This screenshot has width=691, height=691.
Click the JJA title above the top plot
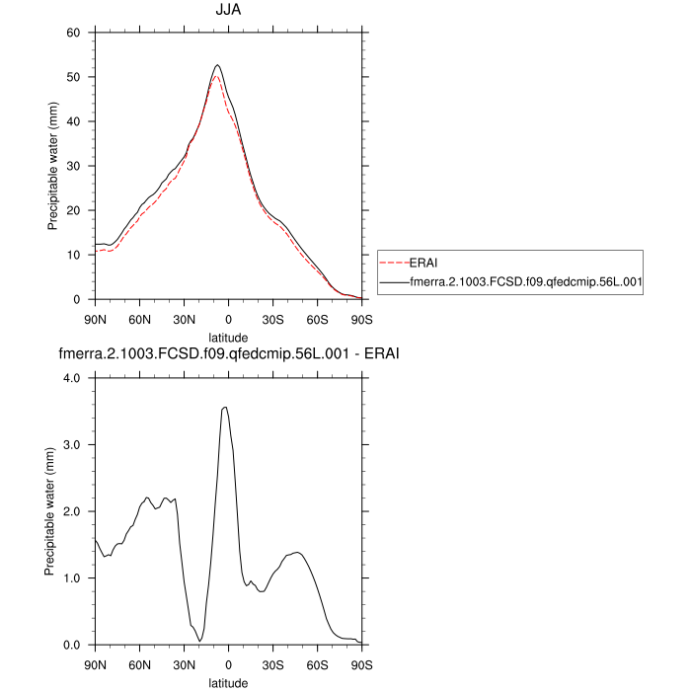point(228,11)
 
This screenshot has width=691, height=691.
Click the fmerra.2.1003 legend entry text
point(526,282)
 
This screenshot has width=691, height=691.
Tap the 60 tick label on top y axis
point(73,33)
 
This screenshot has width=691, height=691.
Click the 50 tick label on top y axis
point(73,77)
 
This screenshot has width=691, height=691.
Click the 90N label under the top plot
point(95,319)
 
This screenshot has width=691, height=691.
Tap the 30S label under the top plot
point(272,319)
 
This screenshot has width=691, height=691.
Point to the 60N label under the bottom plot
point(139,664)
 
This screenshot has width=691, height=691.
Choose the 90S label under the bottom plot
point(361,664)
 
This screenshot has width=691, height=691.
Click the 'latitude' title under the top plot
point(228,337)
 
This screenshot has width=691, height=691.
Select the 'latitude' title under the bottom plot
point(228,682)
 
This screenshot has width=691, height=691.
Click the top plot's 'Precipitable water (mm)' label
point(52,166)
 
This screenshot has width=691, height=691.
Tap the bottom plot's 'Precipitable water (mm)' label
point(52,511)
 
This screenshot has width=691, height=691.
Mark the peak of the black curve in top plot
point(217,65)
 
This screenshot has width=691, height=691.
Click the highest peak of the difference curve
point(226,407)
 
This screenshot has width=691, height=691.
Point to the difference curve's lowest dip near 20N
point(199,641)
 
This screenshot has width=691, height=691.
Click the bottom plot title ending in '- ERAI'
point(228,353)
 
